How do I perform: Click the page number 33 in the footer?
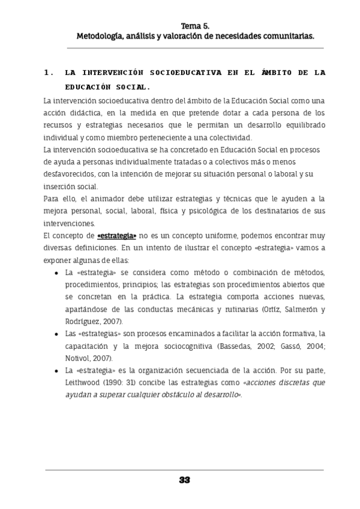tap(184, 480)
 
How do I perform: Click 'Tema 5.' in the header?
tap(196, 26)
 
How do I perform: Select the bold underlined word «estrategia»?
tap(117, 236)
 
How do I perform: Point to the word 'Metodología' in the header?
tap(98, 36)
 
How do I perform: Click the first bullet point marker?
tap(56, 273)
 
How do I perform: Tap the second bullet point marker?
tap(56, 333)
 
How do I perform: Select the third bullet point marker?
tap(56, 370)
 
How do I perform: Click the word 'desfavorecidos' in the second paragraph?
tap(71, 174)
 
